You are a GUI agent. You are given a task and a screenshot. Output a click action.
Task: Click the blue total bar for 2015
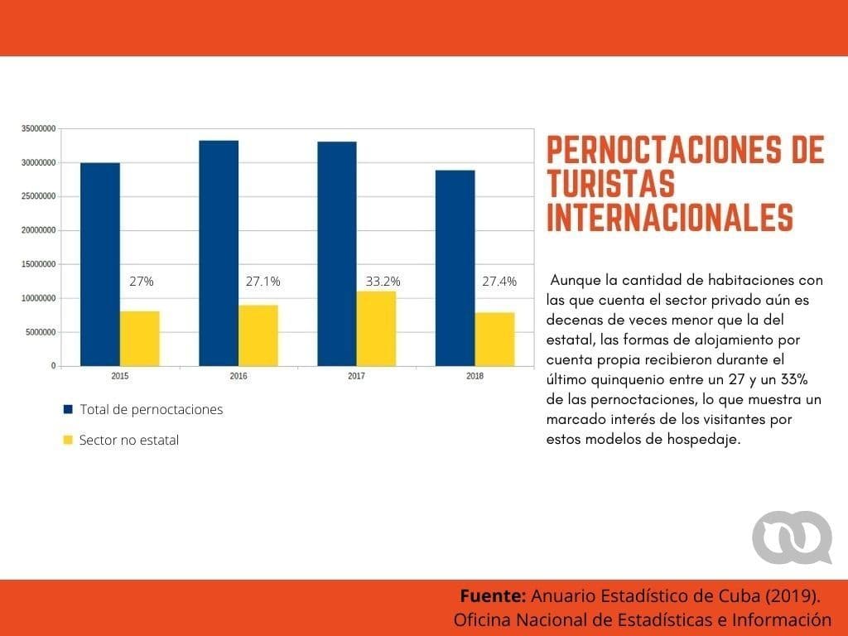(x=99, y=264)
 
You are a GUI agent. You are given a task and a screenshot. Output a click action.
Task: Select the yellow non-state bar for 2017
(x=377, y=328)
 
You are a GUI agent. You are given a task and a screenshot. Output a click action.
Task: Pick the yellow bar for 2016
(x=258, y=335)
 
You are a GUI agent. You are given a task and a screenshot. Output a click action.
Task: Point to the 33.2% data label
(x=383, y=282)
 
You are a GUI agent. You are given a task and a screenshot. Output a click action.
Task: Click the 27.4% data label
(x=499, y=282)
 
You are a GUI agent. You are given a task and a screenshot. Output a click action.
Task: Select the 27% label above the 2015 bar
(x=142, y=282)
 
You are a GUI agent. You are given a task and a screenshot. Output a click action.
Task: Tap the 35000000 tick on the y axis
(x=38, y=129)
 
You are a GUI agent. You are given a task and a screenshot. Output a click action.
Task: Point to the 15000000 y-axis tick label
(x=38, y=264)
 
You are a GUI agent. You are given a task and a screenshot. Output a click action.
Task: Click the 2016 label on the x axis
(x=238, y=376)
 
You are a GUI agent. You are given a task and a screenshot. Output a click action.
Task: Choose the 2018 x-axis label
(x=475, y=376)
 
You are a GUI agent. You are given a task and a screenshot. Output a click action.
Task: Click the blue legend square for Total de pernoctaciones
(x=68, y=410)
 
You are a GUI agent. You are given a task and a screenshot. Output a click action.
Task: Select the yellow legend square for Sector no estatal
(x=68, y=441)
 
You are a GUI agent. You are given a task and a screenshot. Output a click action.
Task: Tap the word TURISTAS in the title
(x=610, y=184)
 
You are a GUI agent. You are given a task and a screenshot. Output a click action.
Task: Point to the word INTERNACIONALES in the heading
(x=670, y=217)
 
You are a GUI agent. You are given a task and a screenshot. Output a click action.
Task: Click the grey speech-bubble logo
(x=792, y=537)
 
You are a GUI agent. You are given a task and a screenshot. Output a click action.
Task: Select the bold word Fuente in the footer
(x=493, y=596)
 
